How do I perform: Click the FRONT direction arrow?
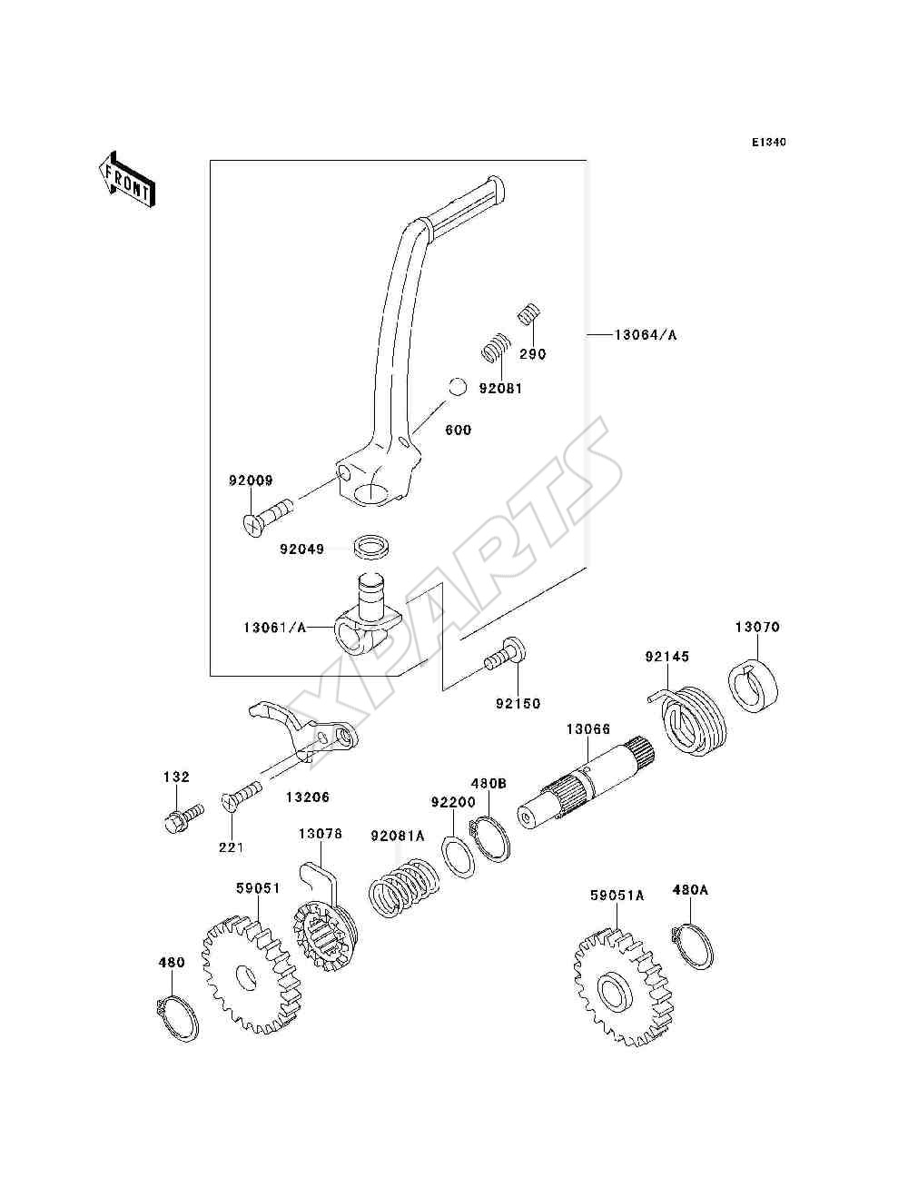click(x=127, y=179)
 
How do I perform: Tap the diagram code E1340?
click(x=768, y=143)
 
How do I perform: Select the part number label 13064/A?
click(x=645, y=335)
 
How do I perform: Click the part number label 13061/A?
click(x=275, y=628)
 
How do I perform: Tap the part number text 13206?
click(x=307, y=797)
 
